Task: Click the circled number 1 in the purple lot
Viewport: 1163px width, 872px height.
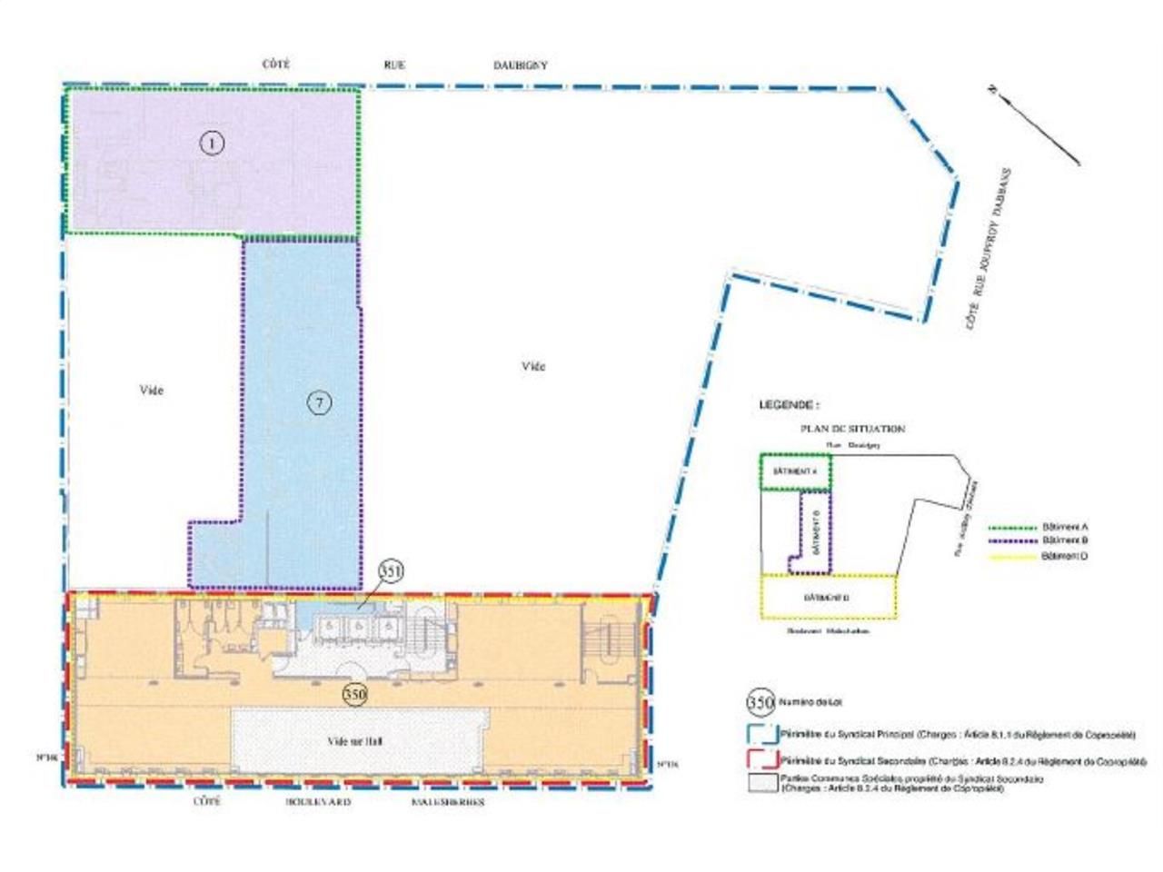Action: click(x=211, y=144)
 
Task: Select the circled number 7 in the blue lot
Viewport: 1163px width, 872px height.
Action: click(x=318, y=403)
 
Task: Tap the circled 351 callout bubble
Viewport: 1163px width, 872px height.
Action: click(x=391, y=570)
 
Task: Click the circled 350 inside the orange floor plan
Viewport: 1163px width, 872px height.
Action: click(x=355, y=694)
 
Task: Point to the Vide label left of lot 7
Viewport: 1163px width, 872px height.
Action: click(x=152, y=390)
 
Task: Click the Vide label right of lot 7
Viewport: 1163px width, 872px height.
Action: click(x=533, y=366)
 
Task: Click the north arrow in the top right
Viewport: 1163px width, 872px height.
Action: click(x=1034, y=125)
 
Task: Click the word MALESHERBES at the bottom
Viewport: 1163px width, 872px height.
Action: click(x=448, y=803)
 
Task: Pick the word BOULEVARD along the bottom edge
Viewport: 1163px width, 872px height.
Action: click(x=318, y=803)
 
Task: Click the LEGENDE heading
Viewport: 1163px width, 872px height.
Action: click(x=789, y=405)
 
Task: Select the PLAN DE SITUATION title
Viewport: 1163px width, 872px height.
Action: click(x=851, y=429)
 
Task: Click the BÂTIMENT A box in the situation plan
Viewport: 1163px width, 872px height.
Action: click(x=795, y=471)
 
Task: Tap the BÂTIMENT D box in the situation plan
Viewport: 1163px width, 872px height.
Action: click(x=828, y=597)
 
